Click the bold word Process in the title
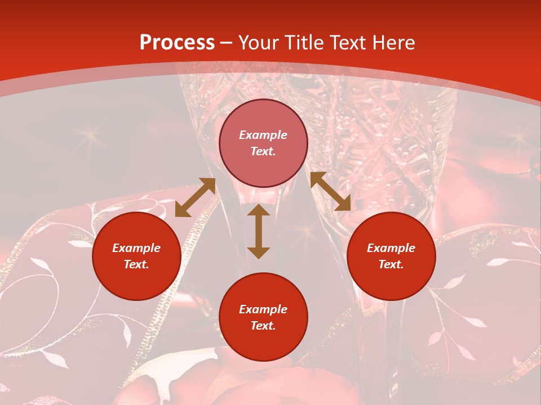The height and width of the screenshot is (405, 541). [177, 43]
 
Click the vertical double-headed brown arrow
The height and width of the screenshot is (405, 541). [259, 231]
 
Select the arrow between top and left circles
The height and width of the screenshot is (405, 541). [195, 197]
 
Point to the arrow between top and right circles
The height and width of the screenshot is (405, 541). [331, 192]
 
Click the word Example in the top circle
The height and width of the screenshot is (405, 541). [263, 135]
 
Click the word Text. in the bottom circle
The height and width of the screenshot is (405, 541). [263, 326]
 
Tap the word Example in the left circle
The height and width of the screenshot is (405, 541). [136, 248]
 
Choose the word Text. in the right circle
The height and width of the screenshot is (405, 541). [391, 264]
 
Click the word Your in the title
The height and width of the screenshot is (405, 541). [259, 43]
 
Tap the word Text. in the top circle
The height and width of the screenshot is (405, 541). [263, 151]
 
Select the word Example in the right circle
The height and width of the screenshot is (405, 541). [391, 248]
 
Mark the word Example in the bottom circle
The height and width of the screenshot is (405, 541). [263, 309]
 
